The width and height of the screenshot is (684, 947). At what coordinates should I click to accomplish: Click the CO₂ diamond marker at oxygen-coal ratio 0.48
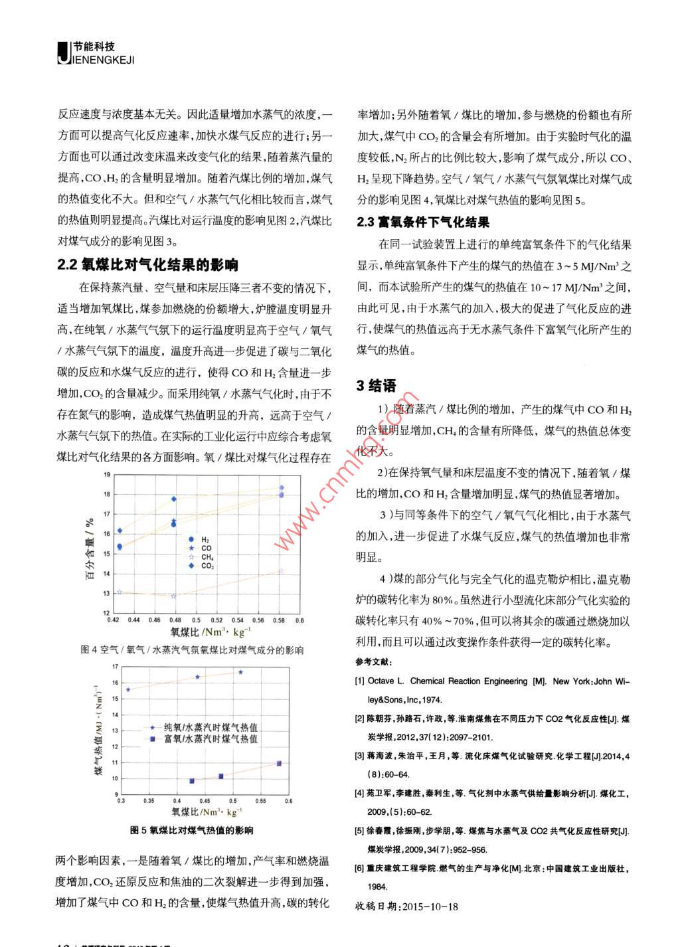(x=174, y=499)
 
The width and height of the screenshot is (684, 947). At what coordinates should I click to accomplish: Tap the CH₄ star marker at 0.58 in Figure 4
(x=281, y=570)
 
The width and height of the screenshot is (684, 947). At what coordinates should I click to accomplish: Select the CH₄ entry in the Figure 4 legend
(x=207, y=557)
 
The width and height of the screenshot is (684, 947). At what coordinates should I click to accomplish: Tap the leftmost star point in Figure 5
(x=128, y=689)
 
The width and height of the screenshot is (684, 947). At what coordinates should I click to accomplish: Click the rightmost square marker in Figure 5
(x=279, y=764)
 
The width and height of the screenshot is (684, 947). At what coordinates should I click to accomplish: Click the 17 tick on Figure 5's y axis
(x=116, y=666)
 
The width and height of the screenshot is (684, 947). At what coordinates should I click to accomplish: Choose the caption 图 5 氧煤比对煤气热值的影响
(x=192, y=830)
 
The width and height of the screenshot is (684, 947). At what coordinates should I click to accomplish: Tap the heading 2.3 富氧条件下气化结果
(x=424, y=222)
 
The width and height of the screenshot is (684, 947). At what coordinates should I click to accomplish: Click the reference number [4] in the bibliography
(x=360, y=793)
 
